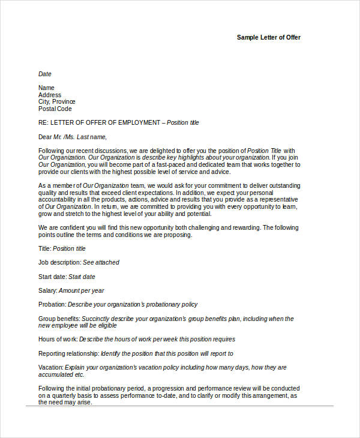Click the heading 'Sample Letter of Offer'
pos(269,37)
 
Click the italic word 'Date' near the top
pos(45,74)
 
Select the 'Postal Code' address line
pos(55,109)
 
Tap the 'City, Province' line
pos(57,102)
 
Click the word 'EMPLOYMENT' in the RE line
pos(139,123)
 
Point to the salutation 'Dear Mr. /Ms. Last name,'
pos(76,137)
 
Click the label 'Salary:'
pos(48,290)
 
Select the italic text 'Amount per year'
pos(82,290)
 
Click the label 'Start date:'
pos(52,277)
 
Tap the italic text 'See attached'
pos(101,262)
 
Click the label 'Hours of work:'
pos(58,340)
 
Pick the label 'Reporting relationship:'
pos(68,354)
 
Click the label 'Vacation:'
pos(51,367)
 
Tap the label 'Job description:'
pos(59,262)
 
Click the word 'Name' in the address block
pos(46,88)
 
